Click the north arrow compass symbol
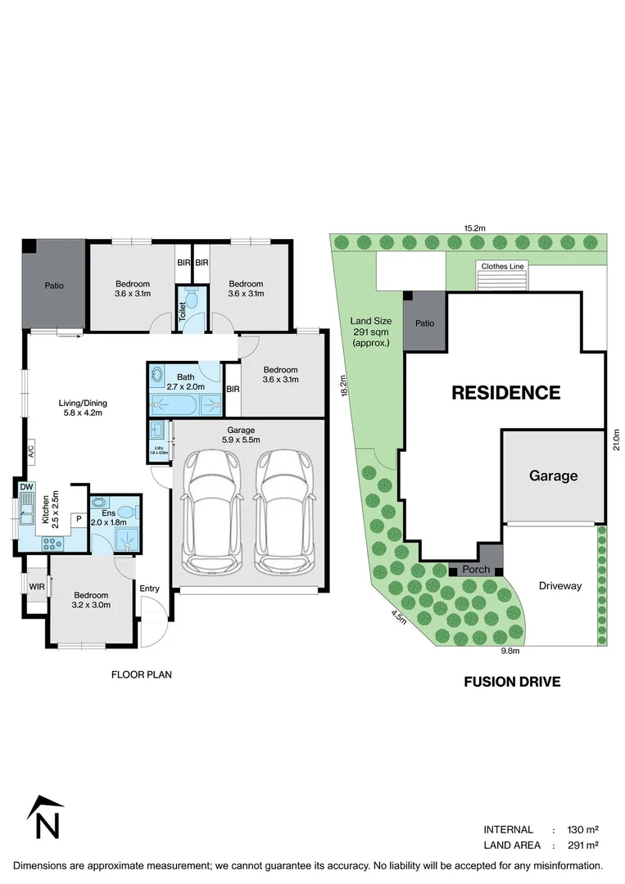[x=46, y=819]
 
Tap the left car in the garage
[x=212, y=512]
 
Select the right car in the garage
[x=284, y=512]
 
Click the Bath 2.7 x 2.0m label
[x=185, y=382]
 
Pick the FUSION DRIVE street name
[x=512, y=681]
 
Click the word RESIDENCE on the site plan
[x=506, y=393]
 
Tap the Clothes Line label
[x=502, y=266]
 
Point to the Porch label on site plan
[x=476, y=570]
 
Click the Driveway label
[x=559, y=585]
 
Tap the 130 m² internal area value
[x=580, y=829]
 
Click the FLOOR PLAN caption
[x=142, y=674]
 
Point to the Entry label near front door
[x=149, y=589]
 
